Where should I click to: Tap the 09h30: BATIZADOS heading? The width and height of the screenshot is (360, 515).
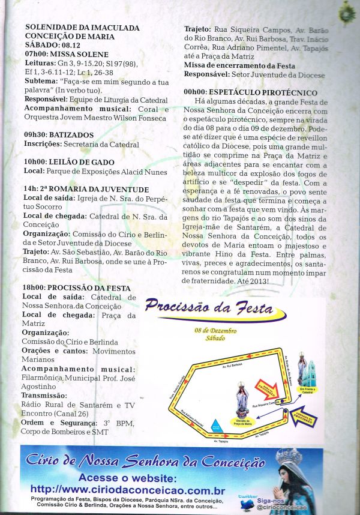pos(59,135)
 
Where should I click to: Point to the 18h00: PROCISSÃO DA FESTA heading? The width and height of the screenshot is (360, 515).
pos(76,288)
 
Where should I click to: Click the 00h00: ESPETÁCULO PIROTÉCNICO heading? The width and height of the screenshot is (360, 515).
pos(251,93)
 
